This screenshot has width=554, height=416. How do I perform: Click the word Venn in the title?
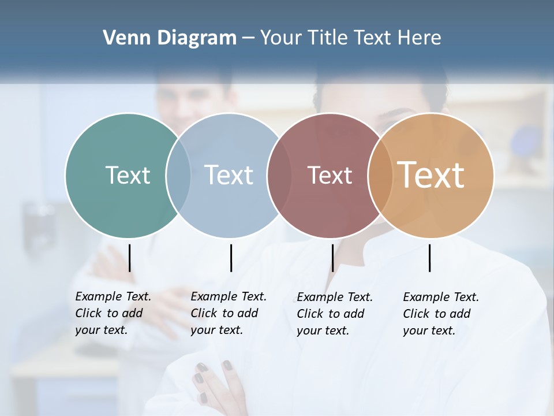[122, 38]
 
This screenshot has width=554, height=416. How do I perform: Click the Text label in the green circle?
[128, 175]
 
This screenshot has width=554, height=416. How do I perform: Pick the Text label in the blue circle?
[229, 175]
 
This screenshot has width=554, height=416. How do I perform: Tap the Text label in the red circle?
[330, 175]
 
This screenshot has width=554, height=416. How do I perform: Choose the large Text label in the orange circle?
[431, 174]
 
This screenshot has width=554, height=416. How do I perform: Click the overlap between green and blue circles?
[178, 175]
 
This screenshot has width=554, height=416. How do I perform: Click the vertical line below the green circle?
[130, 258]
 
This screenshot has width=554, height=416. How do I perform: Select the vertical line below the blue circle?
[231, 258]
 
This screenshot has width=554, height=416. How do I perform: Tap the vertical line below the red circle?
[332, 258]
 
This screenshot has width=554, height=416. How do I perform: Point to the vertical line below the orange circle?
[429, 258]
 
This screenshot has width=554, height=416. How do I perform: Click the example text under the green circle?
[113, 313]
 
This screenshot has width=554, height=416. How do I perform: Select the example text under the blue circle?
[228, 313]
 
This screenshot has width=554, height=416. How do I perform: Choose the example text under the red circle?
[334, 314]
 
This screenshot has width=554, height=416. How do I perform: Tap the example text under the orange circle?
[440, 314]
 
